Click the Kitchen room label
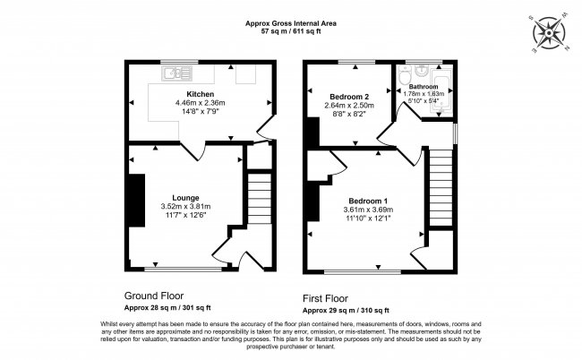tap(200, 94)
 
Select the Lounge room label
tap(185, 197)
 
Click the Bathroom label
tap(424, 86)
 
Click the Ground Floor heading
tap(158, 294)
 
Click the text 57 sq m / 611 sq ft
tap(290, 31)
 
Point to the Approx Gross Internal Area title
tap(290, 23)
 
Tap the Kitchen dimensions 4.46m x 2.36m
tap(200, 103)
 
